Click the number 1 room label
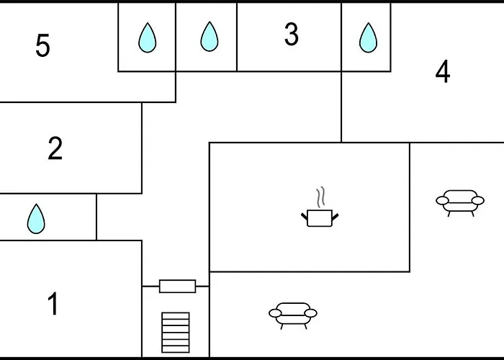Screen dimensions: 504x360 tap(53, 304)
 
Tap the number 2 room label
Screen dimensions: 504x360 tap(55, 148)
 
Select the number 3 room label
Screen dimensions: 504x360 tap(291, 34)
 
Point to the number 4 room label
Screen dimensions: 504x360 tap(443, 71)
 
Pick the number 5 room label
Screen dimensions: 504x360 tap(42, 45)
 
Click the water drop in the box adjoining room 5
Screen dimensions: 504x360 tap(147, 37)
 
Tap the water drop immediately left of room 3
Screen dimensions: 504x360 tap(210, 36)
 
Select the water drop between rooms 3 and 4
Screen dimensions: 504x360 tap(368, 37)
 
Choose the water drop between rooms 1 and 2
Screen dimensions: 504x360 tap(36, 219)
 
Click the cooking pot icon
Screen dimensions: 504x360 tap(320, 218)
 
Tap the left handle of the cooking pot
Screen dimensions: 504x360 tap(304, 217)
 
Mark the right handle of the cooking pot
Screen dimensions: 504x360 tap(336, 217)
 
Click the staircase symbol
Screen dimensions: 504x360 tap(176, 333)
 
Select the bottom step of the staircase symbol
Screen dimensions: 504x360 tap(176, 349)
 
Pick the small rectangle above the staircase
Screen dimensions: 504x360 tap(177, 286)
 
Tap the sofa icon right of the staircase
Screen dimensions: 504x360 tap(293, 315)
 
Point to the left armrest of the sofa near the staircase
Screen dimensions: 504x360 tap(275, 313)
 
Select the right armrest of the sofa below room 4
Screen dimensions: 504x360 tap(478, 201)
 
